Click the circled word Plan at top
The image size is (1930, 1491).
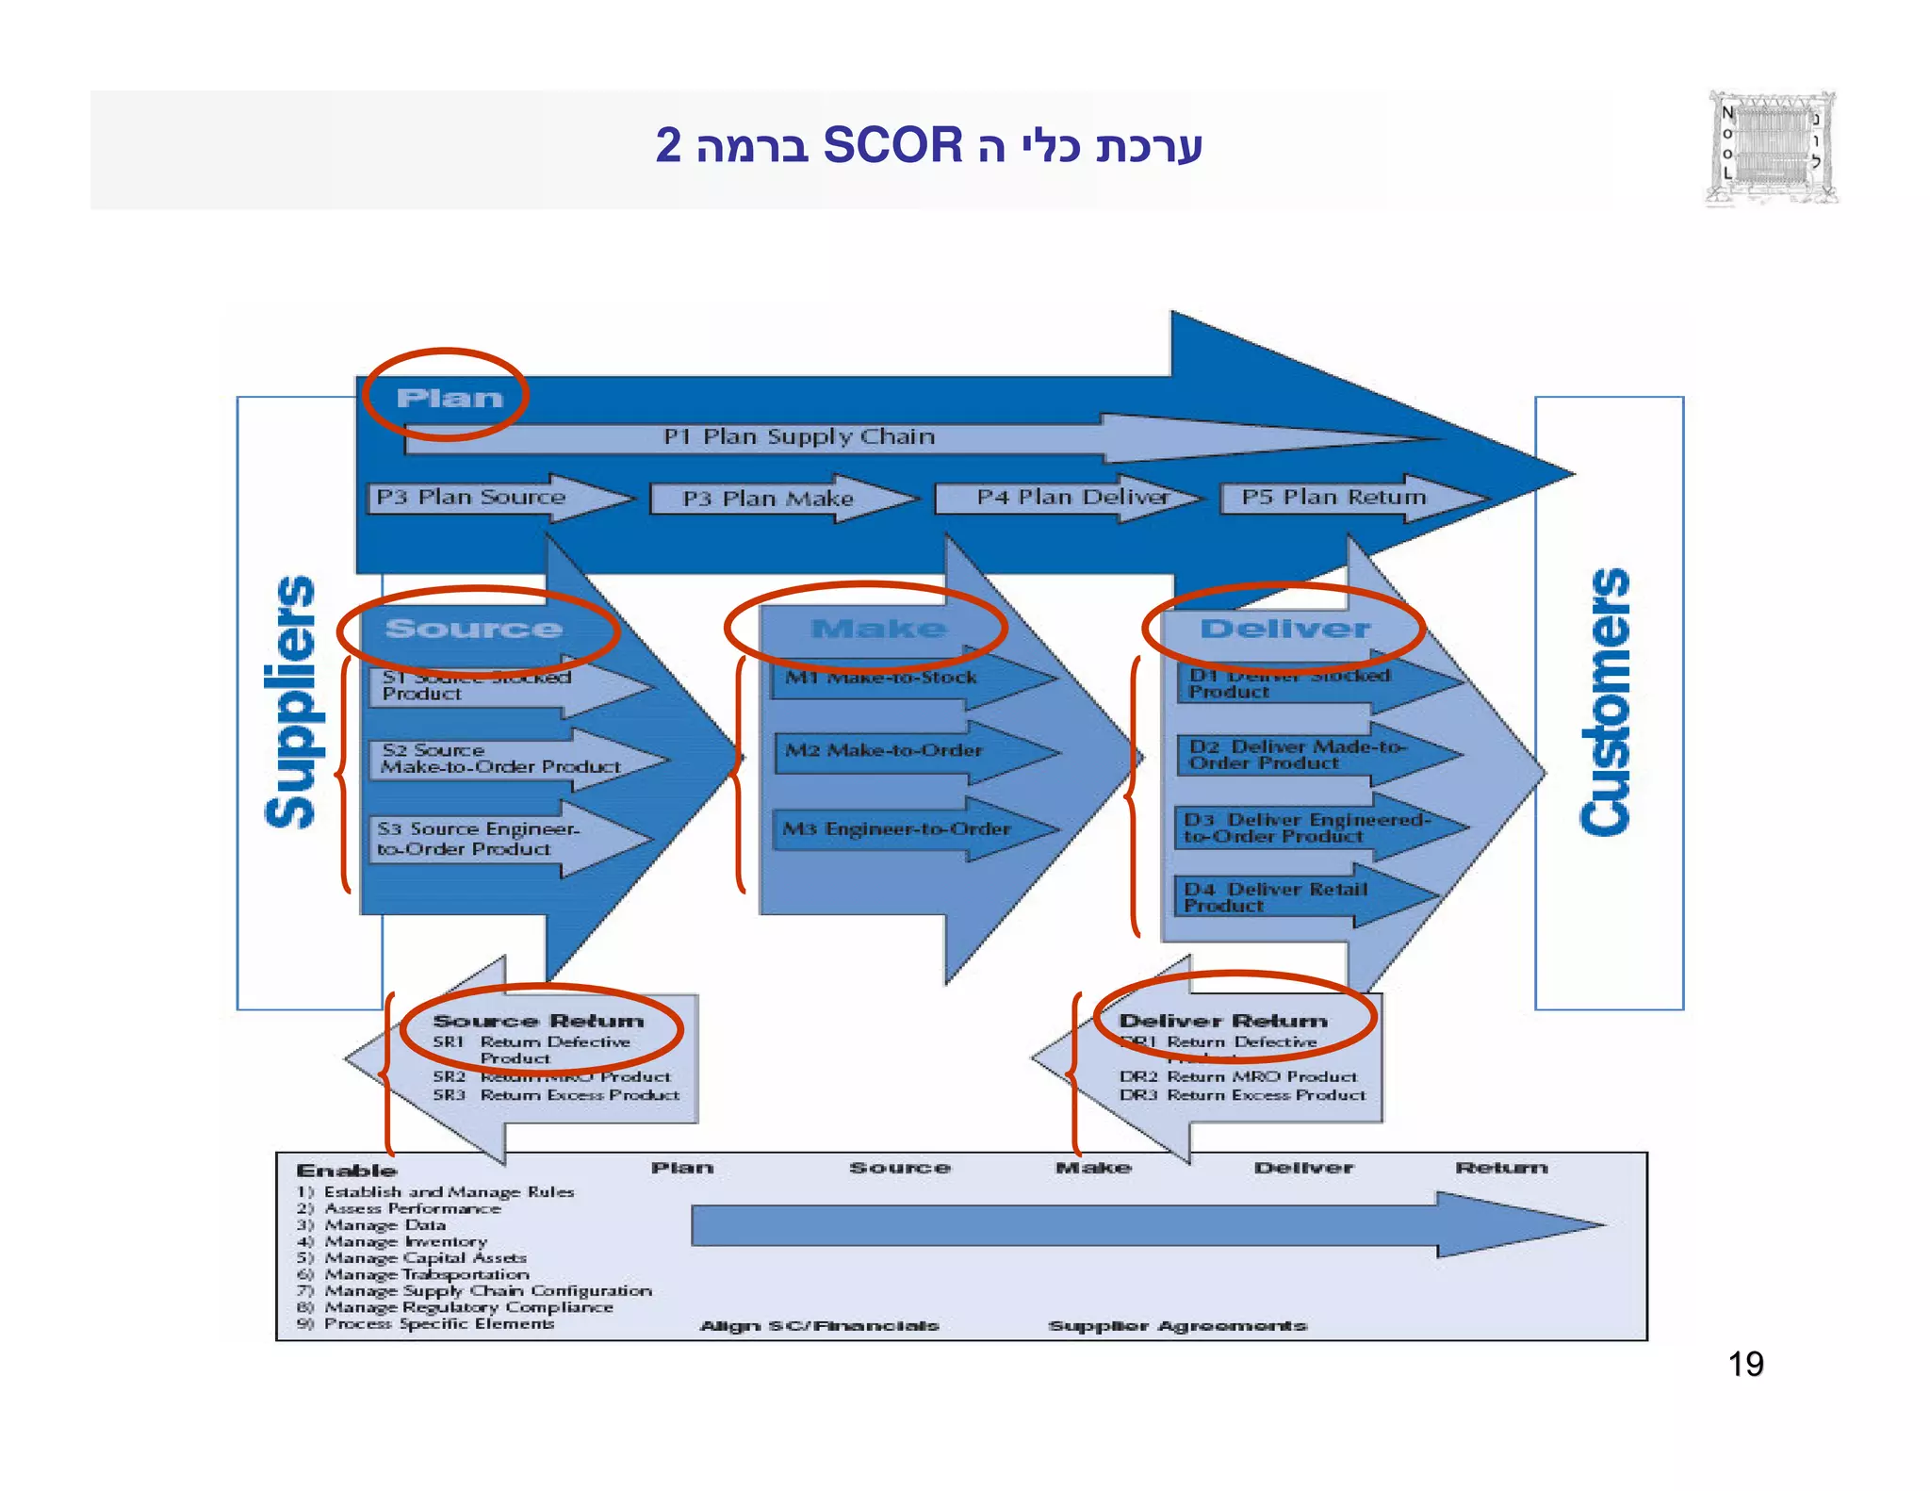click(449, 398)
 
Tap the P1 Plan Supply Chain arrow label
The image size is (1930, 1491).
click(798, 436)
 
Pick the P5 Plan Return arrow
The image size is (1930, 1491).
click(1333, 498)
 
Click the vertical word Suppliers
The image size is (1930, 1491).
click(290, 702)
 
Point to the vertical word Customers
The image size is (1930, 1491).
click(1606, 702)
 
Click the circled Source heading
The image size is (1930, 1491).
click(473, 629)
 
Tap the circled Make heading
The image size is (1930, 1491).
click(878, 629)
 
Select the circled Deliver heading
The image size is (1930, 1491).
click(1284, 629)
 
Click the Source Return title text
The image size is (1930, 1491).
click(538, 1021)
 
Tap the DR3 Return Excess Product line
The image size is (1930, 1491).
click(1242, 1095)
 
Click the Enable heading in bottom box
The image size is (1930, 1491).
click(346, 1171)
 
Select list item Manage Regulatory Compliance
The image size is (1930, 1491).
click(468, 1307)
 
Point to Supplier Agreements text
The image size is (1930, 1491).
click(1177, 1326)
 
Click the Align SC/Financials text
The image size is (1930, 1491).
click(819, 1326)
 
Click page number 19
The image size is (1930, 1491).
click(1745, 1364)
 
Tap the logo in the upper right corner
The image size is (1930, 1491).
click(1771, 148)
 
